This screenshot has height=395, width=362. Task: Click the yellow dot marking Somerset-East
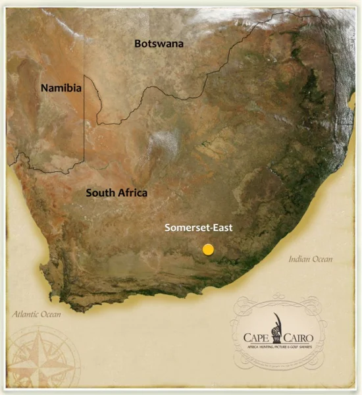(208, 250)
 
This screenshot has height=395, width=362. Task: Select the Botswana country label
(159, 43)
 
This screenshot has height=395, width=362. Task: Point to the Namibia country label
(61, 88)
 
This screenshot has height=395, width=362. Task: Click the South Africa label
(116, 193)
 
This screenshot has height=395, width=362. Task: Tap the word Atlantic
(26, 315)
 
